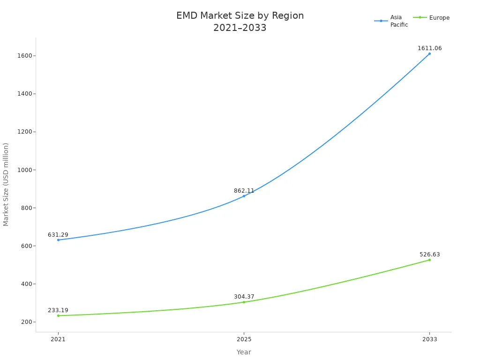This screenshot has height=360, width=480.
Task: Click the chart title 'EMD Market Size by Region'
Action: pos(240,16)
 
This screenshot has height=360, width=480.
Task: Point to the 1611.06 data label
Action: pos(429,48)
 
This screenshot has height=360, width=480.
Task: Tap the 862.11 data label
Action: pos(244,191)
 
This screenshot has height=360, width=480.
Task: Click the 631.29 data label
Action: pos(58,235)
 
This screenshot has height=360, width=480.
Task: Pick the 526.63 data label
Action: pos(429,255)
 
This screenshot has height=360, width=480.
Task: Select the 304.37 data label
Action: pos(244,297)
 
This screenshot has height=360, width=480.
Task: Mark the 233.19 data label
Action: pos(58,310)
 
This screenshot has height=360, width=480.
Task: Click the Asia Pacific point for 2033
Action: pos(429,53)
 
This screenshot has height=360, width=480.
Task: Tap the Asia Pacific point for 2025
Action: pos(244,196)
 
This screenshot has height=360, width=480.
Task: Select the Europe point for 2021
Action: pos(58,315)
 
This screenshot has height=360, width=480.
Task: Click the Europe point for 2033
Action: pos(429,260)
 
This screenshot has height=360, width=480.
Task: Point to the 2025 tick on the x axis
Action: pos(244,339)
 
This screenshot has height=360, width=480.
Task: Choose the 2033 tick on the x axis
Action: pos(429,339)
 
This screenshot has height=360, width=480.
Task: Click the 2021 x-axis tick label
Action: pos(58,339)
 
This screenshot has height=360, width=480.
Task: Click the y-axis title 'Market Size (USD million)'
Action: pos(6,184)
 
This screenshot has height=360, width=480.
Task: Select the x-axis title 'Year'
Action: pos(244,352)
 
